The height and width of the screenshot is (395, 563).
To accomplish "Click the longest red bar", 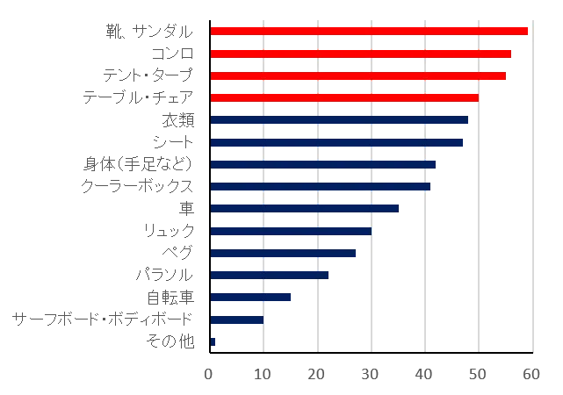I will tap(369, 31).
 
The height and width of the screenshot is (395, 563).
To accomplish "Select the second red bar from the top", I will tap(361, 55).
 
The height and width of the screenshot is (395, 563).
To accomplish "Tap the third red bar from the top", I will tap(357, 77).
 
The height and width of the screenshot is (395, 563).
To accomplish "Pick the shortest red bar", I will tap(345, 97).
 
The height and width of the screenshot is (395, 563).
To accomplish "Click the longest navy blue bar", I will tap(340, 119).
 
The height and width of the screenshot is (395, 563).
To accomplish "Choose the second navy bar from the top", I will tap(336, 141).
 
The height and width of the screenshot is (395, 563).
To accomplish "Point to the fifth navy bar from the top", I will tap(305, 210).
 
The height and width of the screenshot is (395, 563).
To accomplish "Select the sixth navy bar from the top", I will tap(291, 232).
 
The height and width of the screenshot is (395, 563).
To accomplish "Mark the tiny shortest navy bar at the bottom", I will tap(213, 342).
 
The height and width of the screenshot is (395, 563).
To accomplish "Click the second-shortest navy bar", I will tap(236, 320).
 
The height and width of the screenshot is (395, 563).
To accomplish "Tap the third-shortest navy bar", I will tap(252, 297).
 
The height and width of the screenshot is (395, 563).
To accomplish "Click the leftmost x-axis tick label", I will tap(210, 372).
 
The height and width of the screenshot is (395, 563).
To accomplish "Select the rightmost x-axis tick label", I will tap(530, 372).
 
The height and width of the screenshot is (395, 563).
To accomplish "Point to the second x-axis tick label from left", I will tap(263, 372).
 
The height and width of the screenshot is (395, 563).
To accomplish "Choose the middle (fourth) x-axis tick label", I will tap(370, 372).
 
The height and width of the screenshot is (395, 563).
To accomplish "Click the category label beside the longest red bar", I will tap(148, 32).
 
